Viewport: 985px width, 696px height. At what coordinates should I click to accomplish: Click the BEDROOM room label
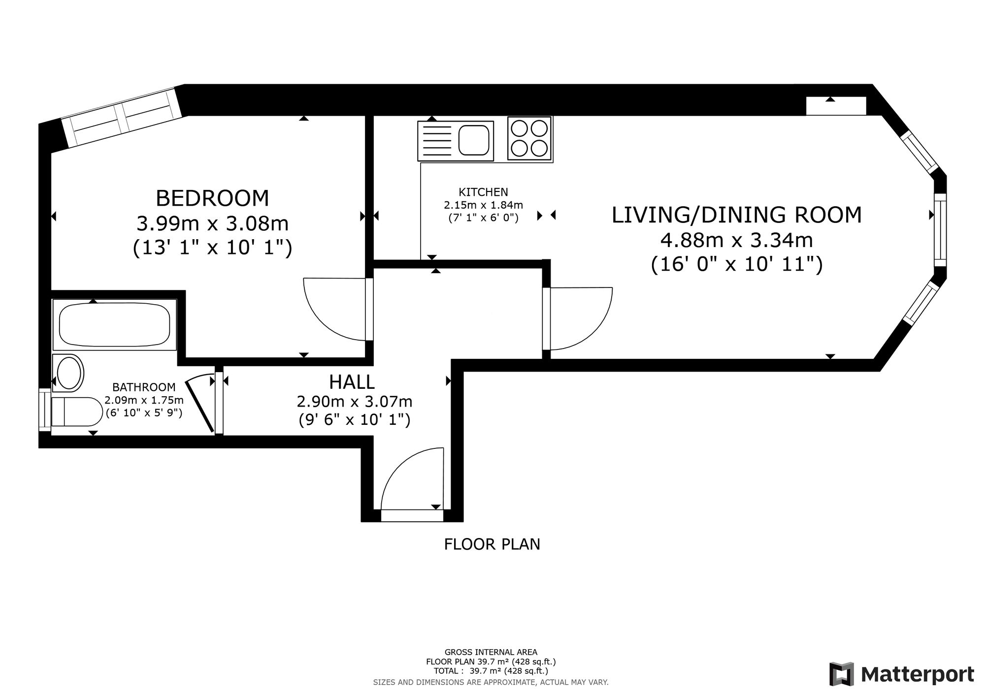(x=212, y=198)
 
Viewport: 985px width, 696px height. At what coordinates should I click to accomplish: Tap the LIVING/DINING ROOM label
(x=737, y=215)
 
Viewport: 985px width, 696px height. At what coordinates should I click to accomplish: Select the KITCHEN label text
(x=483, y=192)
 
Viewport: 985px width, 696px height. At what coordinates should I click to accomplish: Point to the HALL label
(x=352, y=381)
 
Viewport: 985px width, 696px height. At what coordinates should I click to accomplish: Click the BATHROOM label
(x=144, y=387)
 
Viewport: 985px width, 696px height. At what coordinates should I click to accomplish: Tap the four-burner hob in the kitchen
(x=529, y=138)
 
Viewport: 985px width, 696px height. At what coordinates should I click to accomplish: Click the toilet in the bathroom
(x=76, y=411)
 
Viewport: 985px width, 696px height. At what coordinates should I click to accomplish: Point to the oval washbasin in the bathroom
(x=70, y=374)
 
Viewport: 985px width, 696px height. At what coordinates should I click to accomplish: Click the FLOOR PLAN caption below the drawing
(x=492, y=544)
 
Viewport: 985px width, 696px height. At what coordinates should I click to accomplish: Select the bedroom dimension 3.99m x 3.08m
(x=212, y=223)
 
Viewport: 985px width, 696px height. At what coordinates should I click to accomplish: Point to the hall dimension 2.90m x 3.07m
(x=355, y=402)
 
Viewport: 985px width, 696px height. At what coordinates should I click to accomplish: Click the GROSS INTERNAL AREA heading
(x=491, y=652)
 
